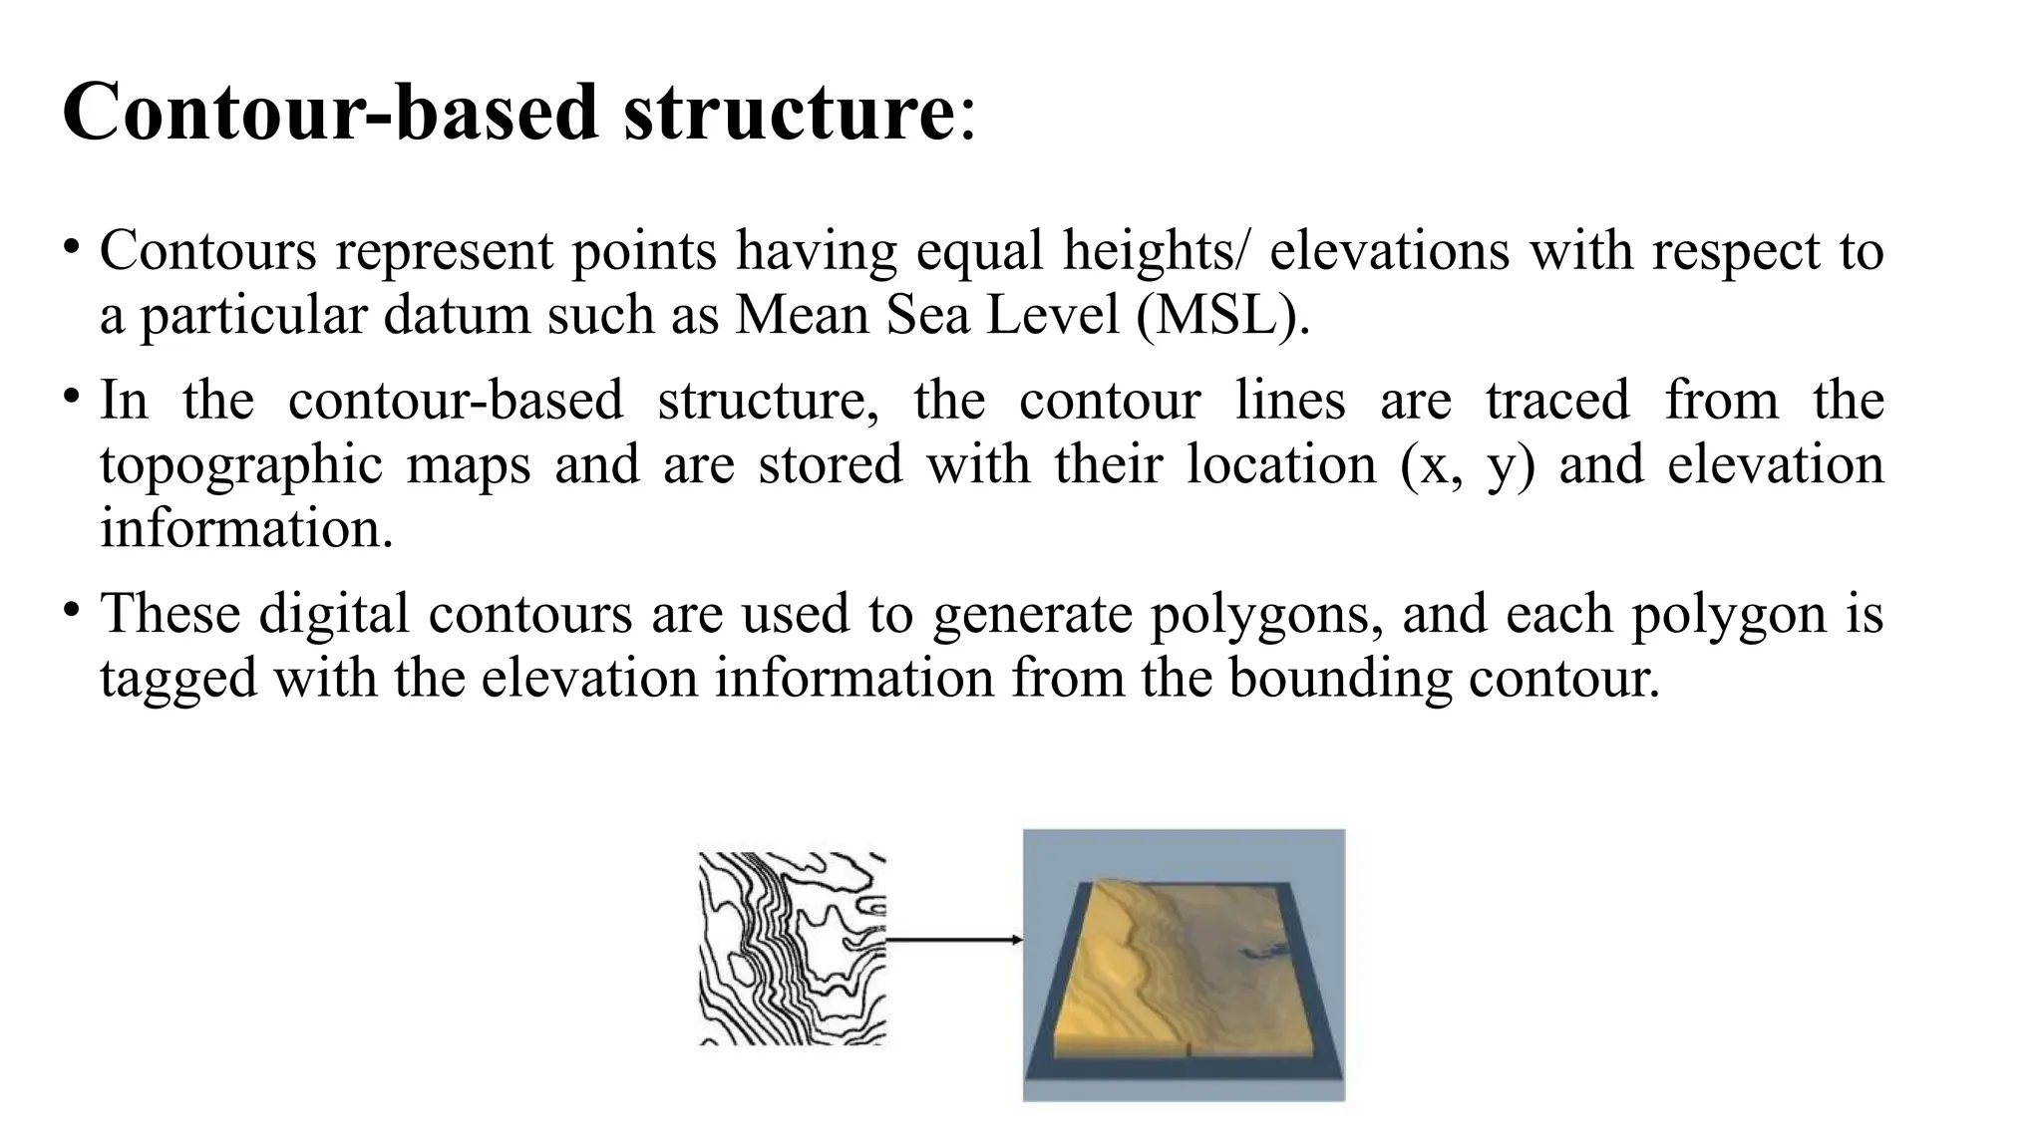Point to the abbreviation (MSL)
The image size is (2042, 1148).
point(1221,315)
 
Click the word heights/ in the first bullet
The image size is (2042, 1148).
point(1155,250)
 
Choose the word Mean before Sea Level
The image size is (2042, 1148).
point(802,315)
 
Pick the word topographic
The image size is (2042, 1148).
point(241,465)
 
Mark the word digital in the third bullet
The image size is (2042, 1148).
point(334,614)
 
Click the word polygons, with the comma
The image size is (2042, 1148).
point(1266,614)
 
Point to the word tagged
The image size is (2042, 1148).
point(178,680)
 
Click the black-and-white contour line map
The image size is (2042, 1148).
point(792,948)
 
